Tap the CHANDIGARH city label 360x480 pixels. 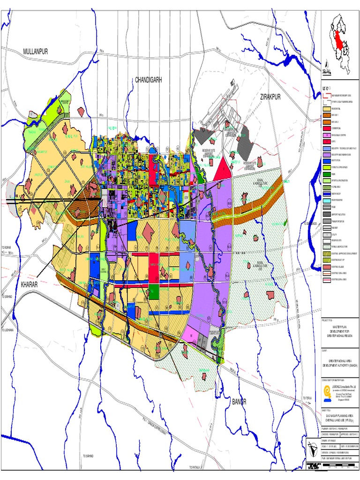pos(149,80)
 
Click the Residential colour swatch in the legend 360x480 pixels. pos(327,108)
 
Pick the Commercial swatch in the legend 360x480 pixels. pos(327,128)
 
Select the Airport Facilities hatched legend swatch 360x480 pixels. pos(327,214)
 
